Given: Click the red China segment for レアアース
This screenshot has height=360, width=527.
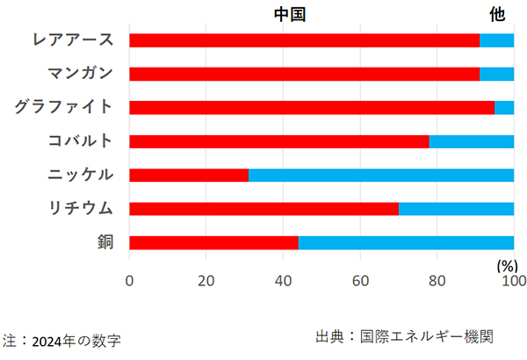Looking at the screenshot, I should pyautogui.click(x=304, y=40).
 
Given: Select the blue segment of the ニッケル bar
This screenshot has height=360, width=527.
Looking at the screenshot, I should pyautogui.click(x=381, y=175).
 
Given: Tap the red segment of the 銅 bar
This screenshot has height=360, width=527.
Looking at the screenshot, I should pyautogui.click(x=213, y=242).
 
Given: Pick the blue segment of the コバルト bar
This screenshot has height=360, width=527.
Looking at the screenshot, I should pyautogui.click(x=472, y=140).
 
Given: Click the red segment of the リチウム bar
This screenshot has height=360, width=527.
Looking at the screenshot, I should pyautogui.click(x=263, y=209).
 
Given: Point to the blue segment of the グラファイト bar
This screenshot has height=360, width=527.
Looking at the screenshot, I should pyautogui.click(x=504, y=107).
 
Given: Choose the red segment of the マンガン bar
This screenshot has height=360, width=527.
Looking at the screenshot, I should pyautogui.click(x=304, y=74).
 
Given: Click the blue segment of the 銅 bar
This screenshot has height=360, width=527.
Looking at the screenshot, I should pyautogui.click(x=406, y=242).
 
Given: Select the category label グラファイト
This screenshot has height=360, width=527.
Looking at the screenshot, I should pyautogui.click(x=63, y=107).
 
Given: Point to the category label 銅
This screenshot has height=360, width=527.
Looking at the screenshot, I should pyautogui.click(x=106, y=242).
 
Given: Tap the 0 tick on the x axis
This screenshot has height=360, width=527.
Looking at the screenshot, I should pyautogui.click(x=129, y=280).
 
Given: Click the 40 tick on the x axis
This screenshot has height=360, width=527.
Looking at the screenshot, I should pyautogui.click(x=283, y=280).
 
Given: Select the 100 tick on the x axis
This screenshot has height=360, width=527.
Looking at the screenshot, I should pyautogui.click(x=514, y=280).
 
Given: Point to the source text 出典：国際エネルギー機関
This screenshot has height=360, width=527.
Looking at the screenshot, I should pyautogui.click(x=404, y=336).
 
